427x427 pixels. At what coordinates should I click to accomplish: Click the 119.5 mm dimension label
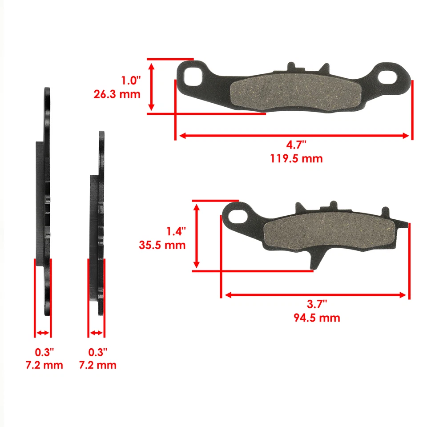pos(296,158)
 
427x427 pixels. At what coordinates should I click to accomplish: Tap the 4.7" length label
pos(296,145)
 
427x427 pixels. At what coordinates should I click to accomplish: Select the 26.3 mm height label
pos(117,94)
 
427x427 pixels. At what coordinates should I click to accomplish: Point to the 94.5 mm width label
pos(317,318)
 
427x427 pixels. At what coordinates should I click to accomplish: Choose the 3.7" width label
pos(317,304)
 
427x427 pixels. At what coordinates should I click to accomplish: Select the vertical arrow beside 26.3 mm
pos(152,86)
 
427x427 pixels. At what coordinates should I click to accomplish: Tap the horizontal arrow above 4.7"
pos(294,136)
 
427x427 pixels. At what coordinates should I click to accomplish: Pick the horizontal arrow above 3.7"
pos(315,295)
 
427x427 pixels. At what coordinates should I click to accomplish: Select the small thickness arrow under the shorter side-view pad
pos(97,333)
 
